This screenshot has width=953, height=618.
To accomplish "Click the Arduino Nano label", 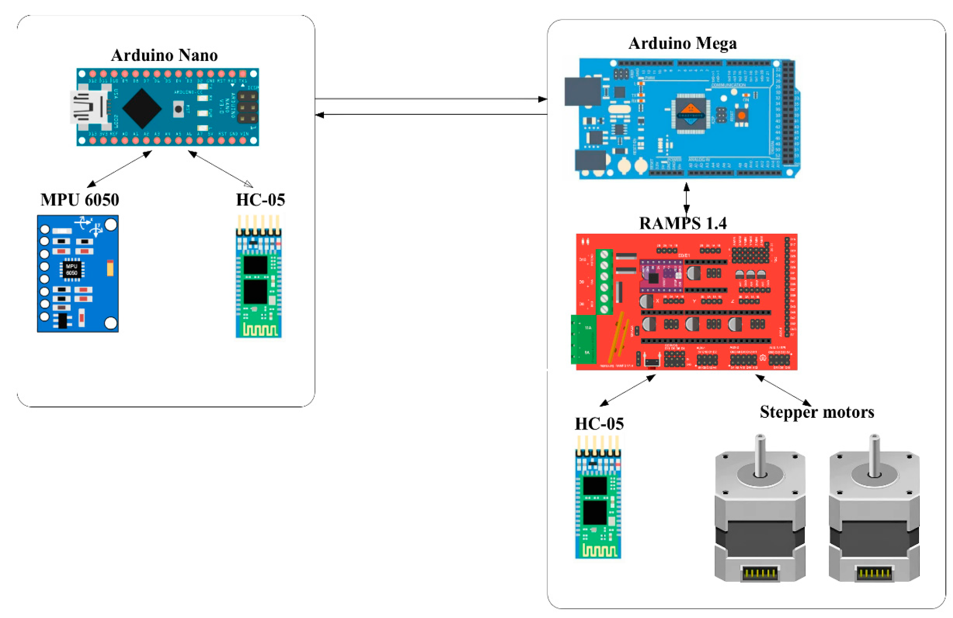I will pos(164,55).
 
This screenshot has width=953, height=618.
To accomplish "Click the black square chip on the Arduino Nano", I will pos(142,108).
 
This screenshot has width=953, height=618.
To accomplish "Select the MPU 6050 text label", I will pos(80,200).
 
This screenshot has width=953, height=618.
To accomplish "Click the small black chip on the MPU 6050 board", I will pos(72,269).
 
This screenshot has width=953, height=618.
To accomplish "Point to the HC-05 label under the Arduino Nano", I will pos(260,200).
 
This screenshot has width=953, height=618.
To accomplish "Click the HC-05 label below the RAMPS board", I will pos(599,424).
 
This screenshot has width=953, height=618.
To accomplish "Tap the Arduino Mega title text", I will pos(682,43).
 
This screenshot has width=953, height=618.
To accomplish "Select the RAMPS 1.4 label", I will pos(683,223).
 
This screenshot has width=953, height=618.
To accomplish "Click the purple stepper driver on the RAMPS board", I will pos(661,276).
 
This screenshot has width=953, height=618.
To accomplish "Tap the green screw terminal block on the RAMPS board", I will pos(604,282).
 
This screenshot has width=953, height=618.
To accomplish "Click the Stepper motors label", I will pos(816,412).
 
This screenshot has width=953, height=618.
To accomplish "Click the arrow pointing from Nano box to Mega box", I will pos(430,99).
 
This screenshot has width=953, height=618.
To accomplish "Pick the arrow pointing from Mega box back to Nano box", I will pos(430,115).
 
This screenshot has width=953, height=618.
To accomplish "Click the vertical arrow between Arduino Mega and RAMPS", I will pos(686,198).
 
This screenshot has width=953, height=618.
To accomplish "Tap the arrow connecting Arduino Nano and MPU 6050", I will pos(119,169).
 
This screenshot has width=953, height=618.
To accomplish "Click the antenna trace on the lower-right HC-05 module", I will pos(598,551).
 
